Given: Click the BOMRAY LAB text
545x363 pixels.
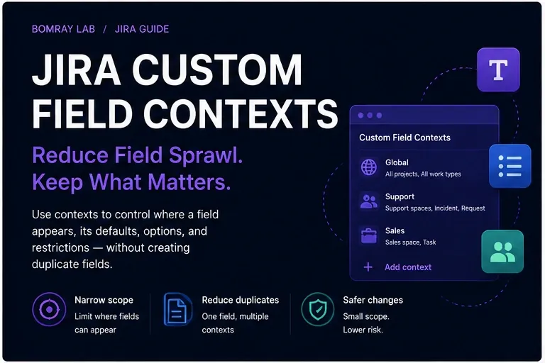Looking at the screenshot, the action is pos(63,29).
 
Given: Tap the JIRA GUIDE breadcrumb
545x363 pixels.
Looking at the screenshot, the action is pos(142,29).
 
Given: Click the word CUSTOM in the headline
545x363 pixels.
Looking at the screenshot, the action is pos(217,69).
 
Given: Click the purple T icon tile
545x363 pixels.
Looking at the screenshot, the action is pos(498,69).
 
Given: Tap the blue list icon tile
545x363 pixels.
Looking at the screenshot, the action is pos(510,166).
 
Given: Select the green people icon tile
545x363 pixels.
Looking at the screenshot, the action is pos(502,252).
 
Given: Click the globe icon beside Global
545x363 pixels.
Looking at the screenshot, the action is pos(369,167).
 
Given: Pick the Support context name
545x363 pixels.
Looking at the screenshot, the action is pos(400,196).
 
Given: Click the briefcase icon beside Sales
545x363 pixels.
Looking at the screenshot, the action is pos(369,235).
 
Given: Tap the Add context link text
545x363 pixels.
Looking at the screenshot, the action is pos(408,267).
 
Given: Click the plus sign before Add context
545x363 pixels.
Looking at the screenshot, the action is pos(368,267).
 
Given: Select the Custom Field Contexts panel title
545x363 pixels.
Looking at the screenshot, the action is pos(404,138).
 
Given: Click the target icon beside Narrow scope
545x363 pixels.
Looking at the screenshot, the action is pos(49,309).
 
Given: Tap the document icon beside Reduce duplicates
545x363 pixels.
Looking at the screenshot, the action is pos(177,309).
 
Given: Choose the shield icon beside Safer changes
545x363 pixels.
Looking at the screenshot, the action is pos(318,309).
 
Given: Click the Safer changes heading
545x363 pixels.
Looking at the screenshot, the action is pos(373,300).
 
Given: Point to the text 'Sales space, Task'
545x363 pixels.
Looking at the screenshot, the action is pos(410,242).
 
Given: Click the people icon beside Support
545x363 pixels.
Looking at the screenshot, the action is pos(369,201).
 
